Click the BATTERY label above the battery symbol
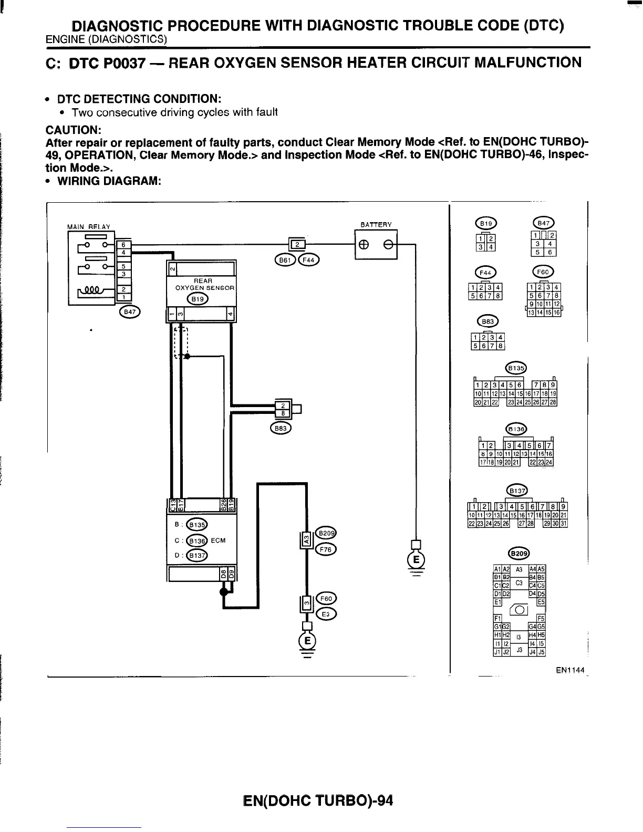click(x=376, y=225)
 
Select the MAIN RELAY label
click(x=89, y=227)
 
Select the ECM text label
click(x=219, y=540)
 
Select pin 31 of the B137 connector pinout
click(x=564, y=524)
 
